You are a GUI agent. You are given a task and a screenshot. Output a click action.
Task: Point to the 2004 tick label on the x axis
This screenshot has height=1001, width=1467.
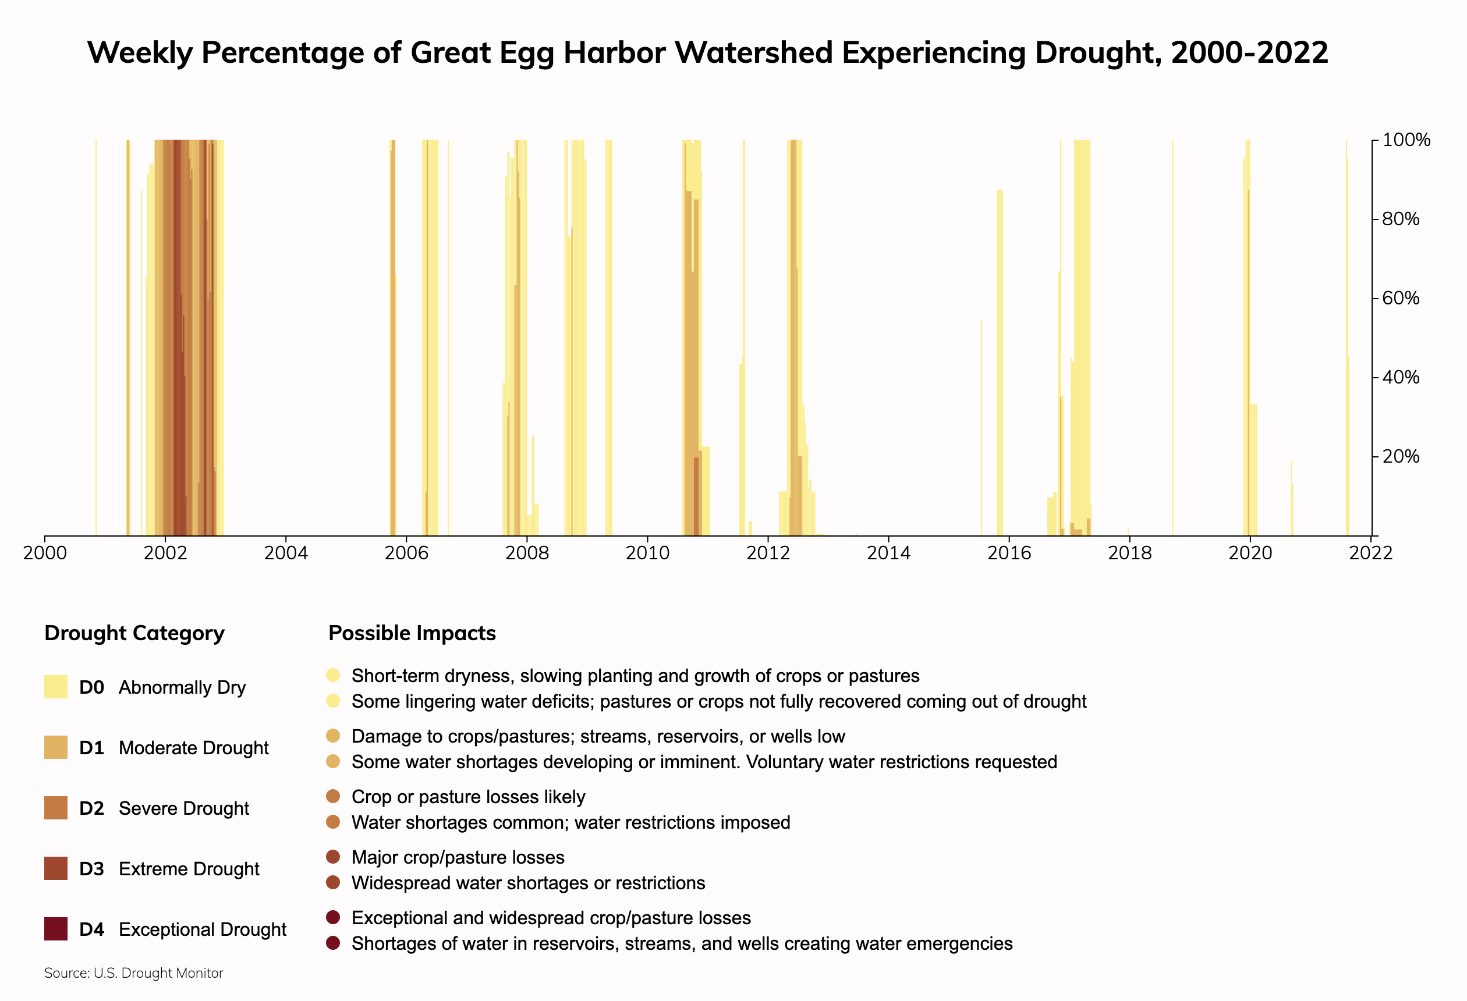coord(285,553)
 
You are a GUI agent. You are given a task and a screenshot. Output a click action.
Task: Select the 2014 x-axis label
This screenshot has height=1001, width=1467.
coord(888,553)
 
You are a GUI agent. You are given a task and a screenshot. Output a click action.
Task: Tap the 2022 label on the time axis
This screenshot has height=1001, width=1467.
coord(1370,553)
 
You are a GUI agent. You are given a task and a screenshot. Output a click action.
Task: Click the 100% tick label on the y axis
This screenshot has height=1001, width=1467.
coord(1406,140)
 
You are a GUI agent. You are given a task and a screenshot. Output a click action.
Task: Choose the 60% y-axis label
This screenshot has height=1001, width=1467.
coord(1400,298)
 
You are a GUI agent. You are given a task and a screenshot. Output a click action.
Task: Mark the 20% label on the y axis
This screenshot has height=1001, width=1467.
coord(1400,456)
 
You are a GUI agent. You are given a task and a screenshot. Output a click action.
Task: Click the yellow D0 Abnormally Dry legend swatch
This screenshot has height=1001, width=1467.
coord(55,687)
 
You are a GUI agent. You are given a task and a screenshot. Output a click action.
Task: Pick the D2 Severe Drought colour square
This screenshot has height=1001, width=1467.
coord(55,808)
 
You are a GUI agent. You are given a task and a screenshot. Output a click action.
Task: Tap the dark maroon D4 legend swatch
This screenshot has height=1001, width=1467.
coord(55,929)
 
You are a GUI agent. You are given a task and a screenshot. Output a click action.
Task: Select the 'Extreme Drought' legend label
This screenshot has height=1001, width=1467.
coord(189,869)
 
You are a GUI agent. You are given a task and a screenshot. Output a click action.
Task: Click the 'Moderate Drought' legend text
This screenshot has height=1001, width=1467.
coord(193,748)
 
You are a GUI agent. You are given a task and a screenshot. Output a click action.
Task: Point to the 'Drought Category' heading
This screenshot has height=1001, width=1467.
coord(134,633)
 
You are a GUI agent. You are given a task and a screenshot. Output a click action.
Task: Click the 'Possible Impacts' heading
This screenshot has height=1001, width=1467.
coord(412,633)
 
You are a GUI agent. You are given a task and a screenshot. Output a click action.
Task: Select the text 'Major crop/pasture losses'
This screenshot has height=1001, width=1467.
coord(458,857)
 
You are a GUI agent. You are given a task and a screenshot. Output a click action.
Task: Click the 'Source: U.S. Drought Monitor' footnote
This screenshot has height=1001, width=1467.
coord(134,973)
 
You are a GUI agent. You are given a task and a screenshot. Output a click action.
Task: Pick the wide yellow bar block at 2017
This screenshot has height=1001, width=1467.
coord(1082,315)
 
